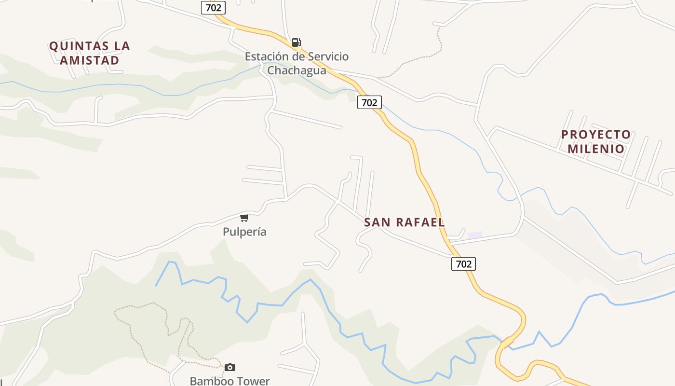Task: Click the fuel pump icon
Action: [297, 42]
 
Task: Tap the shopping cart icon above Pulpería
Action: [244, 218]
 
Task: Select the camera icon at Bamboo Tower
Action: [230, 368]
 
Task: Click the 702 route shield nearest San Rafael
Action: [463, 263]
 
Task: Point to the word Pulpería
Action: [244, 232]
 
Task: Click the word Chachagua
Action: [297, 70]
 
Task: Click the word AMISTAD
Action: [89, 60]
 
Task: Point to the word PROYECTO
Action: [596, 135]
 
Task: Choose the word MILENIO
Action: [596, 149]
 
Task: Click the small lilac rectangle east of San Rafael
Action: [475, 235]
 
